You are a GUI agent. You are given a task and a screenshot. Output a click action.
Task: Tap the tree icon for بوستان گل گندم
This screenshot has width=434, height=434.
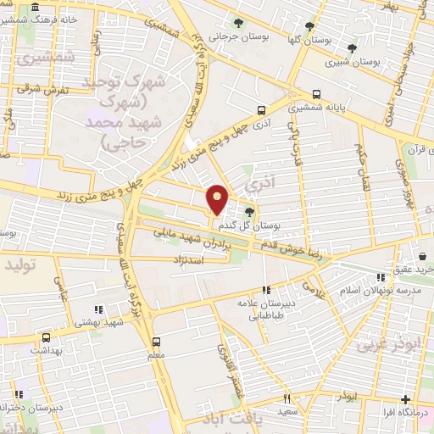coord(249,212)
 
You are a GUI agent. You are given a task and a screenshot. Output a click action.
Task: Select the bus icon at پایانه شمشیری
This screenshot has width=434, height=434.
coord(317,94)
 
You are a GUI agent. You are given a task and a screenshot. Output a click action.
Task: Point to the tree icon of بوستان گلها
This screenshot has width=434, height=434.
coord(309,25)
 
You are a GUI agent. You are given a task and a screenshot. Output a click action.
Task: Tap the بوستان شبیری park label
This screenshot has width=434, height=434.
coord(353,61)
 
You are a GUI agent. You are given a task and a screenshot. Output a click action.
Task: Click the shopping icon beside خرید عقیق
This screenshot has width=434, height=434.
coord(421,255)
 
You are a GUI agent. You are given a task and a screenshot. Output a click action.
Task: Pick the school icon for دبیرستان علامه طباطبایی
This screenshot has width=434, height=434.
coord(267,290)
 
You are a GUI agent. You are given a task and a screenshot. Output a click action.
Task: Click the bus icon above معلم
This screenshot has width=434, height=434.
coord(155,341)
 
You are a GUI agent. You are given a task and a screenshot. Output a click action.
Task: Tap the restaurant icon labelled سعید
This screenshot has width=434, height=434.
coord(287,398)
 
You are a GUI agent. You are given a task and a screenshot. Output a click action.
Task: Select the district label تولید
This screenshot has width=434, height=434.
coord(22,266)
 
